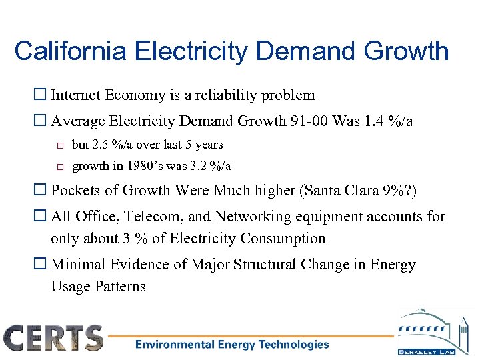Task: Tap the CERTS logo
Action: coord(53,337)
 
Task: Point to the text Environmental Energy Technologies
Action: coord(232,345)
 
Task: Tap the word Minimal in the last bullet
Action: coord(77,265)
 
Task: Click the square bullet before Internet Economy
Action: coord(42,96)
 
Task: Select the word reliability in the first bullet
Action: coord(231,95)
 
